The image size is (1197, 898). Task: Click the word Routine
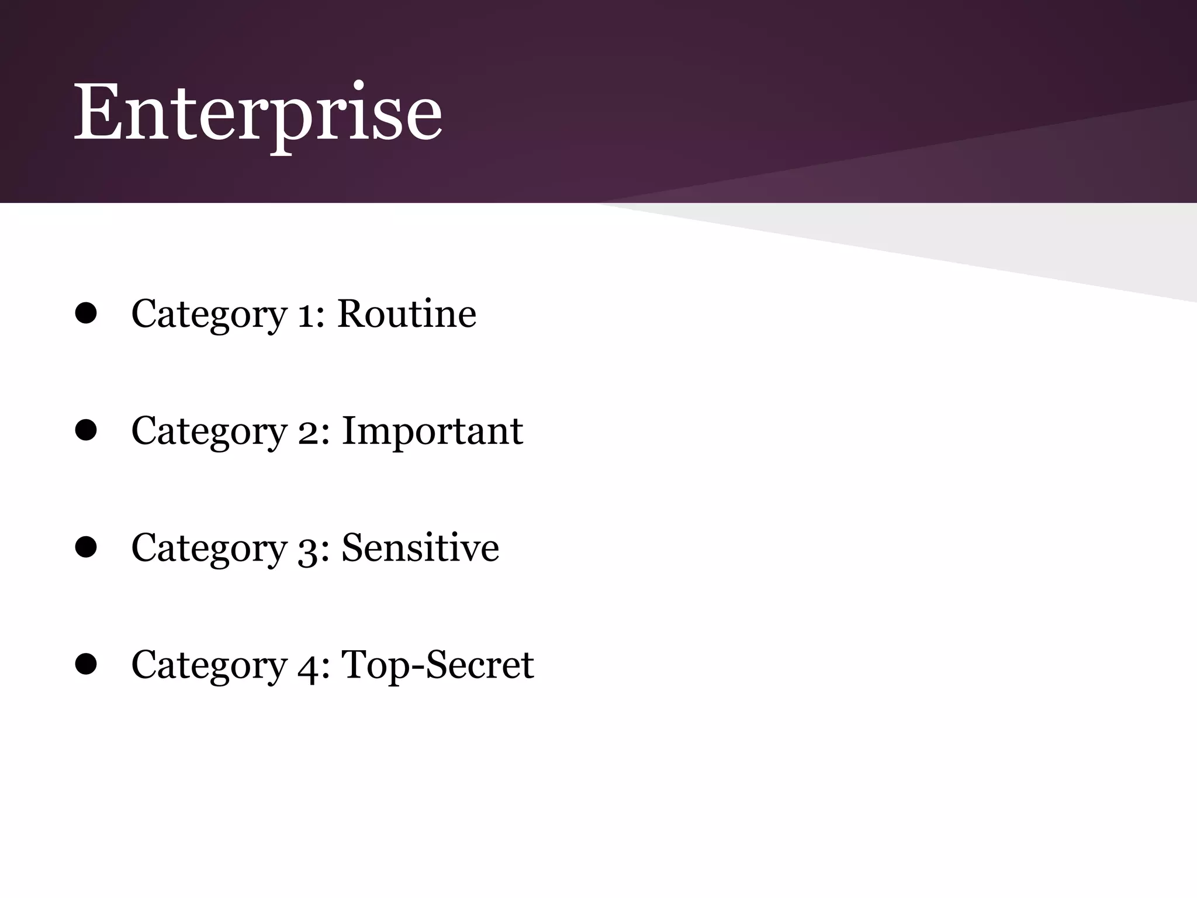point(407,314)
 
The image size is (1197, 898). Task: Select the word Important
point(432,431)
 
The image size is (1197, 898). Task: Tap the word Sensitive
point(420,548)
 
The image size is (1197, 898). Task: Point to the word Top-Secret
point(437,665)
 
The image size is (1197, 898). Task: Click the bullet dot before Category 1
point(86,314)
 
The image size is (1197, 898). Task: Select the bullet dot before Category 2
point(86,431)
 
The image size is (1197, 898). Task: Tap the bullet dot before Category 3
point(86,548)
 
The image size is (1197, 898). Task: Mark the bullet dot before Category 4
point(86,665)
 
